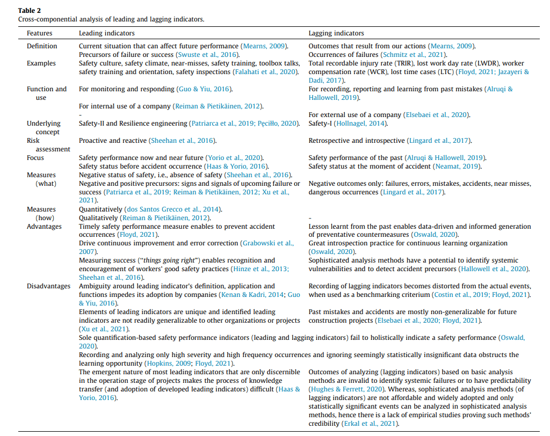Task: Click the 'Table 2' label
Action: coord(29,10)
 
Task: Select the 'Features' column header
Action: coord(40,33)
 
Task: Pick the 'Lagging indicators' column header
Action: coord(336,33)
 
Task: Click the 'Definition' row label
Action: coord(42,46)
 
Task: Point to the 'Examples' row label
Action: coord(41,63)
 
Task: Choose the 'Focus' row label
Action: coord(35,158)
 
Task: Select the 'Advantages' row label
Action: coord(45,227)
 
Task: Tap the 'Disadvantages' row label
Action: coord(49,286)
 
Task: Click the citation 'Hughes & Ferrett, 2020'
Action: coord(346,389)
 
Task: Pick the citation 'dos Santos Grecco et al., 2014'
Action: coord(172,209)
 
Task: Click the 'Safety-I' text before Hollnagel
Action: coord(320,123)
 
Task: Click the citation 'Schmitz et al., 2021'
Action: coord(414,55)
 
